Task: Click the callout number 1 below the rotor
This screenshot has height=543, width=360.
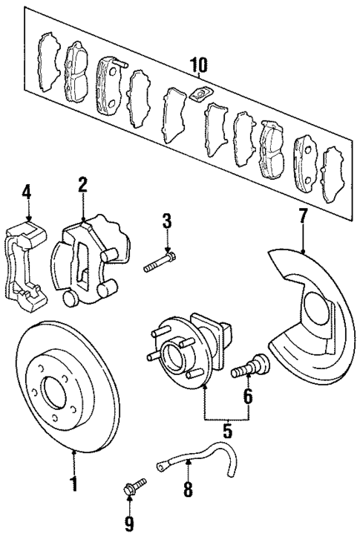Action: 73,484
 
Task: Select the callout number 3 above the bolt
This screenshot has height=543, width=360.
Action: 167,221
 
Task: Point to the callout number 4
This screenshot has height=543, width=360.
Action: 27,192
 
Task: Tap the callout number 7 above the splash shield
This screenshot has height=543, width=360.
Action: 302,216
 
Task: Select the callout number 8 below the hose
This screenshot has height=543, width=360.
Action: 188,489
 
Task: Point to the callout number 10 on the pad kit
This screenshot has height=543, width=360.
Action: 197,67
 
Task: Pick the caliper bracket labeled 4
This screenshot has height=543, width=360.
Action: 25,264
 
